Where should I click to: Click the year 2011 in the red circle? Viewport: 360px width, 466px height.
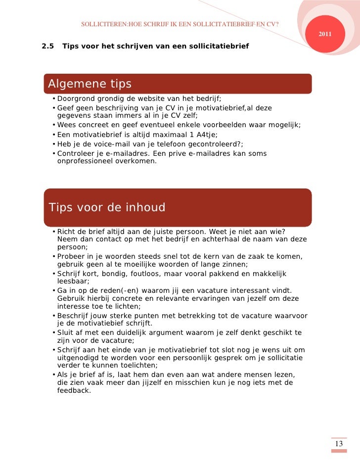tap(325, 34)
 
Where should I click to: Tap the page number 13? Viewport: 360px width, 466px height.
tap(339, 444)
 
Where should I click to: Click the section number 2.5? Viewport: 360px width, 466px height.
tap(48, 47)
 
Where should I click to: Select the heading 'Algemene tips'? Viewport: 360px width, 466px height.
tap(90, 84)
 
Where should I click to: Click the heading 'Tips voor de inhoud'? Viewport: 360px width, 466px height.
tap(107, 207)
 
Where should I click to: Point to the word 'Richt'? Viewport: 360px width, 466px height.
tap(67, 232)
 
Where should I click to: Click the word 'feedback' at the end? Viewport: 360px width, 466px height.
tap(74, 390)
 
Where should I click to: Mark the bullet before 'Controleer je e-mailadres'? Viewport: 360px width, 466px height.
tap(53, 154)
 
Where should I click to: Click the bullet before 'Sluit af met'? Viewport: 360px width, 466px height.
tap(53, 332)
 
